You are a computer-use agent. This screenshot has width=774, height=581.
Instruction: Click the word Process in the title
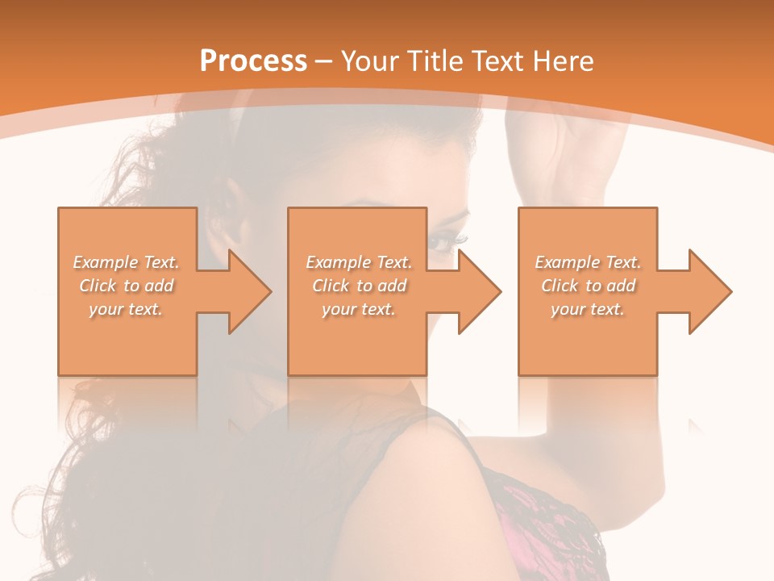pyautogui.click(x=253, y=61)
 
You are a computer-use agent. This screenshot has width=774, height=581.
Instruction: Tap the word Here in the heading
pyautogui.click(x=561, y=61)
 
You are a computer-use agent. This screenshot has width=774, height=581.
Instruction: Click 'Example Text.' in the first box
pyautogui.click(x=127, y=262)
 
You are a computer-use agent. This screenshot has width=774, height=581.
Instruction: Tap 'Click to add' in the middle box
pyautogui.click(x=360, y=286)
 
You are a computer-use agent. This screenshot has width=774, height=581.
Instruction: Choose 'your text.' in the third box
pyautogui.click(x=588, y=309)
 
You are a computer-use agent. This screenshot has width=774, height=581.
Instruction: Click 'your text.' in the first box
pyautogui.click(x=127, y=309)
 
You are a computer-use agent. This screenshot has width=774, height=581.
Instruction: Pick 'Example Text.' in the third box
pyautogui.click(x=588, y=262)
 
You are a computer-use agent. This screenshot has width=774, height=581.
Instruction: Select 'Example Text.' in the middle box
pyautogui.click(x=359, y=262)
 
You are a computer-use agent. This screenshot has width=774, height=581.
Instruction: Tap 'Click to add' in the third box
pyautogui.click(x=589, y=286)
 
